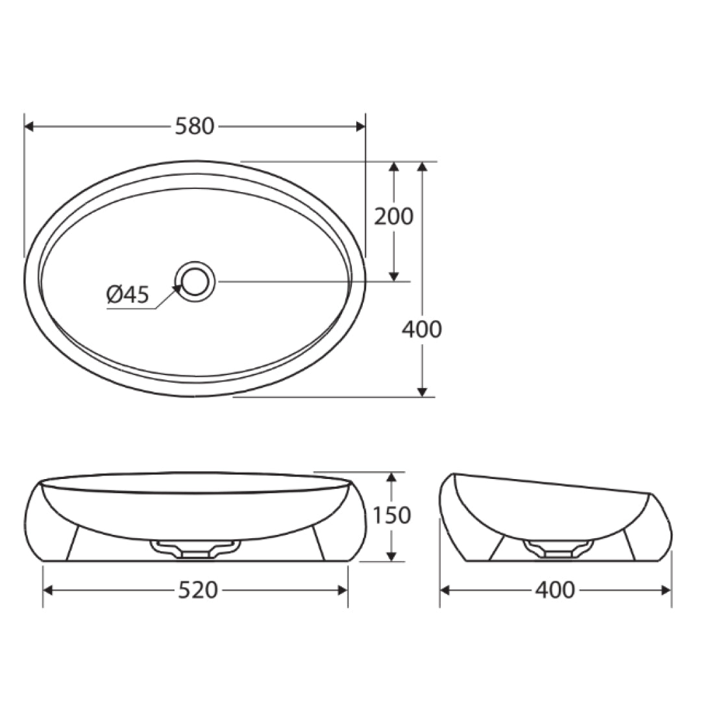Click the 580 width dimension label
(x=195, y=127)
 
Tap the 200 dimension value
(x=393, y=217)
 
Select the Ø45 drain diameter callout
(x=128, y=295)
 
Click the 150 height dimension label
(x=391, y=515)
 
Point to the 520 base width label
(x=198, y=590)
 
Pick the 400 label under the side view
(x=555, y=590)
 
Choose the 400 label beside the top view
(x=422, y=330)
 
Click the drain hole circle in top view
(x=195, y=282)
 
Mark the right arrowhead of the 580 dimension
(x=360, y=127)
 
